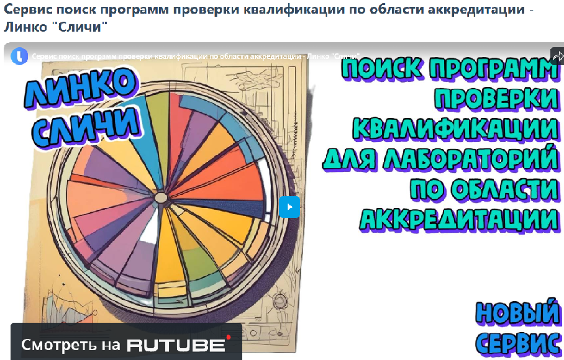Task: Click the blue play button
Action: [x=289, y=207]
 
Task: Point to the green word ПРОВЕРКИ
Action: [x=497, y=98]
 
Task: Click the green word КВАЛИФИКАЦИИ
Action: [x=455, y=128]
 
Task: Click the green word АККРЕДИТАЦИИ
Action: [x=459, y=219]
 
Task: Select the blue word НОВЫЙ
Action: [x=517, y=313]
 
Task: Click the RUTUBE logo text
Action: [x=176, y=345]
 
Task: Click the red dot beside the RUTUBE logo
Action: [x=228, y=338]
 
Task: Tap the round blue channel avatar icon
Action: [x=19, y=56]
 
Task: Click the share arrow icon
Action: [x=558, y=56]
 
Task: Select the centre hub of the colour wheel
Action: [x=160, y=197]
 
